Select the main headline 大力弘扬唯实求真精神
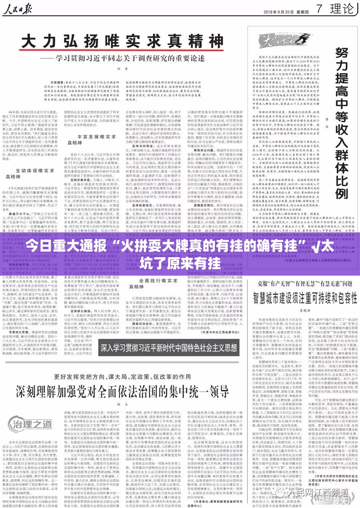123,42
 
